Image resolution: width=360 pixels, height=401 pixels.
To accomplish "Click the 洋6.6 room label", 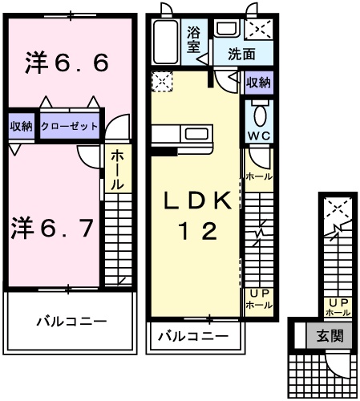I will (67, 63).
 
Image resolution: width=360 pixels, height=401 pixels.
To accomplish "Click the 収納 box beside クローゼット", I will (22, 126).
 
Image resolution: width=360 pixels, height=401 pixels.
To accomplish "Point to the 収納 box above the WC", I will (257, 82).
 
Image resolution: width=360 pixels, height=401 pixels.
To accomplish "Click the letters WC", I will (257, 136).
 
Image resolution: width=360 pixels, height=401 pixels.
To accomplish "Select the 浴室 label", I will (194, 40).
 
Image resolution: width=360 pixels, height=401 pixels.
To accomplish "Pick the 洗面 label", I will (241, 55).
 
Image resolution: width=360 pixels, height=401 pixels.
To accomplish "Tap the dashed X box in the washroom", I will (258, 30).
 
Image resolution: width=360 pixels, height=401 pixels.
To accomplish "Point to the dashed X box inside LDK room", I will (161, 81).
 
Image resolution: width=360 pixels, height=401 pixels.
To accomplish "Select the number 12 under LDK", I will (198, 233).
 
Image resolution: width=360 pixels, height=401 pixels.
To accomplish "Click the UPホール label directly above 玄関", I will (338, 306).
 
